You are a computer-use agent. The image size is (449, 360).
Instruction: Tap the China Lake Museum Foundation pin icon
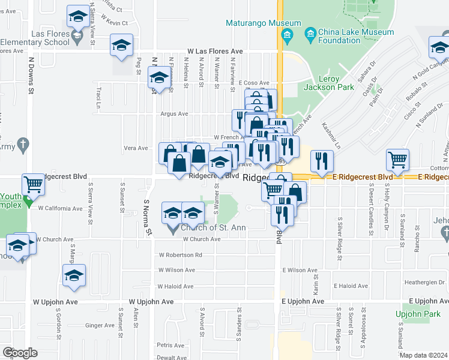310,32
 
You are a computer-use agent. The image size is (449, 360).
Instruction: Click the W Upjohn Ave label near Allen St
151,302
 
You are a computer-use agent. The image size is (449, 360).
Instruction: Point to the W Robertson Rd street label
180,255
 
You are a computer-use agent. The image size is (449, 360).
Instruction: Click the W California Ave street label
60,209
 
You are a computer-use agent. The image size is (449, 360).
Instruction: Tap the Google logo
20,352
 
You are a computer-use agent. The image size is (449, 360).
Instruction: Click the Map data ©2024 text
423,355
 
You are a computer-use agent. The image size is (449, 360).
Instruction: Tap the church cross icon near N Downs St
23,145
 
